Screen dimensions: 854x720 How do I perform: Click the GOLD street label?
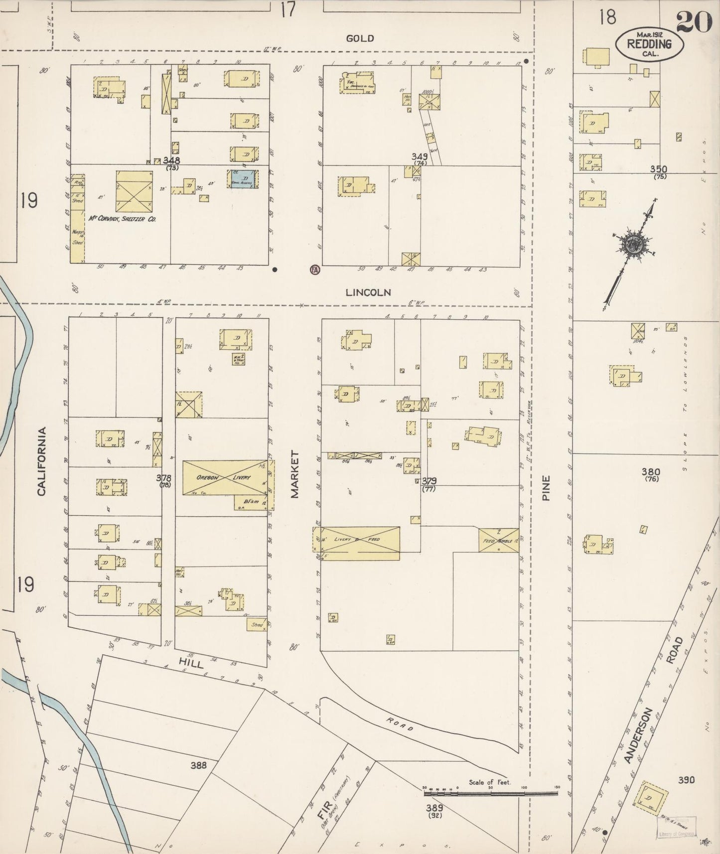(360, 38)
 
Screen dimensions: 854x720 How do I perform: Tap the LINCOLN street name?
(368, 292)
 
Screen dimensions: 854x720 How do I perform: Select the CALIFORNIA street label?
(41, 460)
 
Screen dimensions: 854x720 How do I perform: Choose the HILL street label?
(190, 664)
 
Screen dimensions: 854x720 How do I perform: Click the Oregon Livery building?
(224, 477)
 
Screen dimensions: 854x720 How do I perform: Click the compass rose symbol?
(632, 245)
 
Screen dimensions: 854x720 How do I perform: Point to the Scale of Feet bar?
(491, 791)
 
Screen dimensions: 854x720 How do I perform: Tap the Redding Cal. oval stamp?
(649, 44)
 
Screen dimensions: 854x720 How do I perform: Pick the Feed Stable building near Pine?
(498, 540)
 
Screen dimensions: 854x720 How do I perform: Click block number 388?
(198, 765)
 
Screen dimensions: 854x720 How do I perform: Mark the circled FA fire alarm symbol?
(314, 270)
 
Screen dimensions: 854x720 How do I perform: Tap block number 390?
(686, 780)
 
